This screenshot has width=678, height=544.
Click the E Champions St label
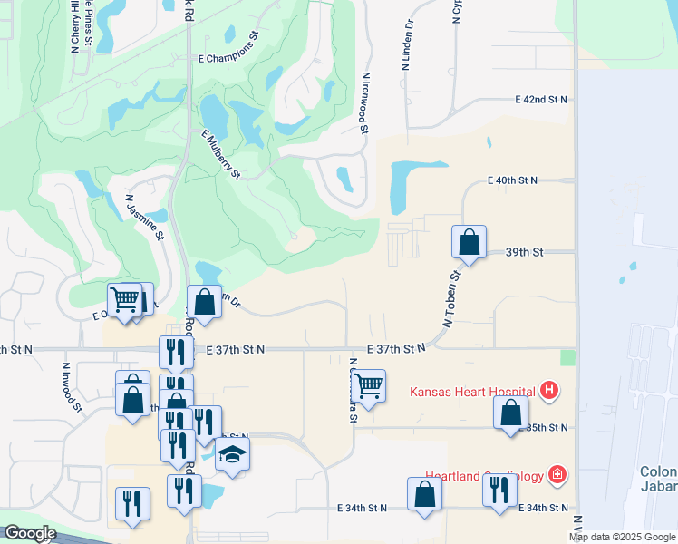click(x=229, y=58)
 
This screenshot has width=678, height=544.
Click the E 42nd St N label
click(x=541, y=99)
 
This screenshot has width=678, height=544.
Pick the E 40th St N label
click(x=512, y=180)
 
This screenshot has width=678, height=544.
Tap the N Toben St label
click(x=451, y=299)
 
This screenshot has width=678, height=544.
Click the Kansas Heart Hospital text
click(x=472, y=393)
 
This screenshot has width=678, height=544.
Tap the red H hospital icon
click(x=548, y=392)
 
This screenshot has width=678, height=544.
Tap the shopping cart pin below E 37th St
click(x=368, y=385)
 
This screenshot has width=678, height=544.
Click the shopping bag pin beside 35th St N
click(x=511, y=412)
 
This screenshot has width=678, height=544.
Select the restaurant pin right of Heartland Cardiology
click(x=499, y=490)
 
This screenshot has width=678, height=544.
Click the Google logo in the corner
click(x=30, y=534)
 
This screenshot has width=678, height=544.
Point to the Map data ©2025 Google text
click(x=623, y=537)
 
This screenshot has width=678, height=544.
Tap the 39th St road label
click(x=524, y=252)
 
